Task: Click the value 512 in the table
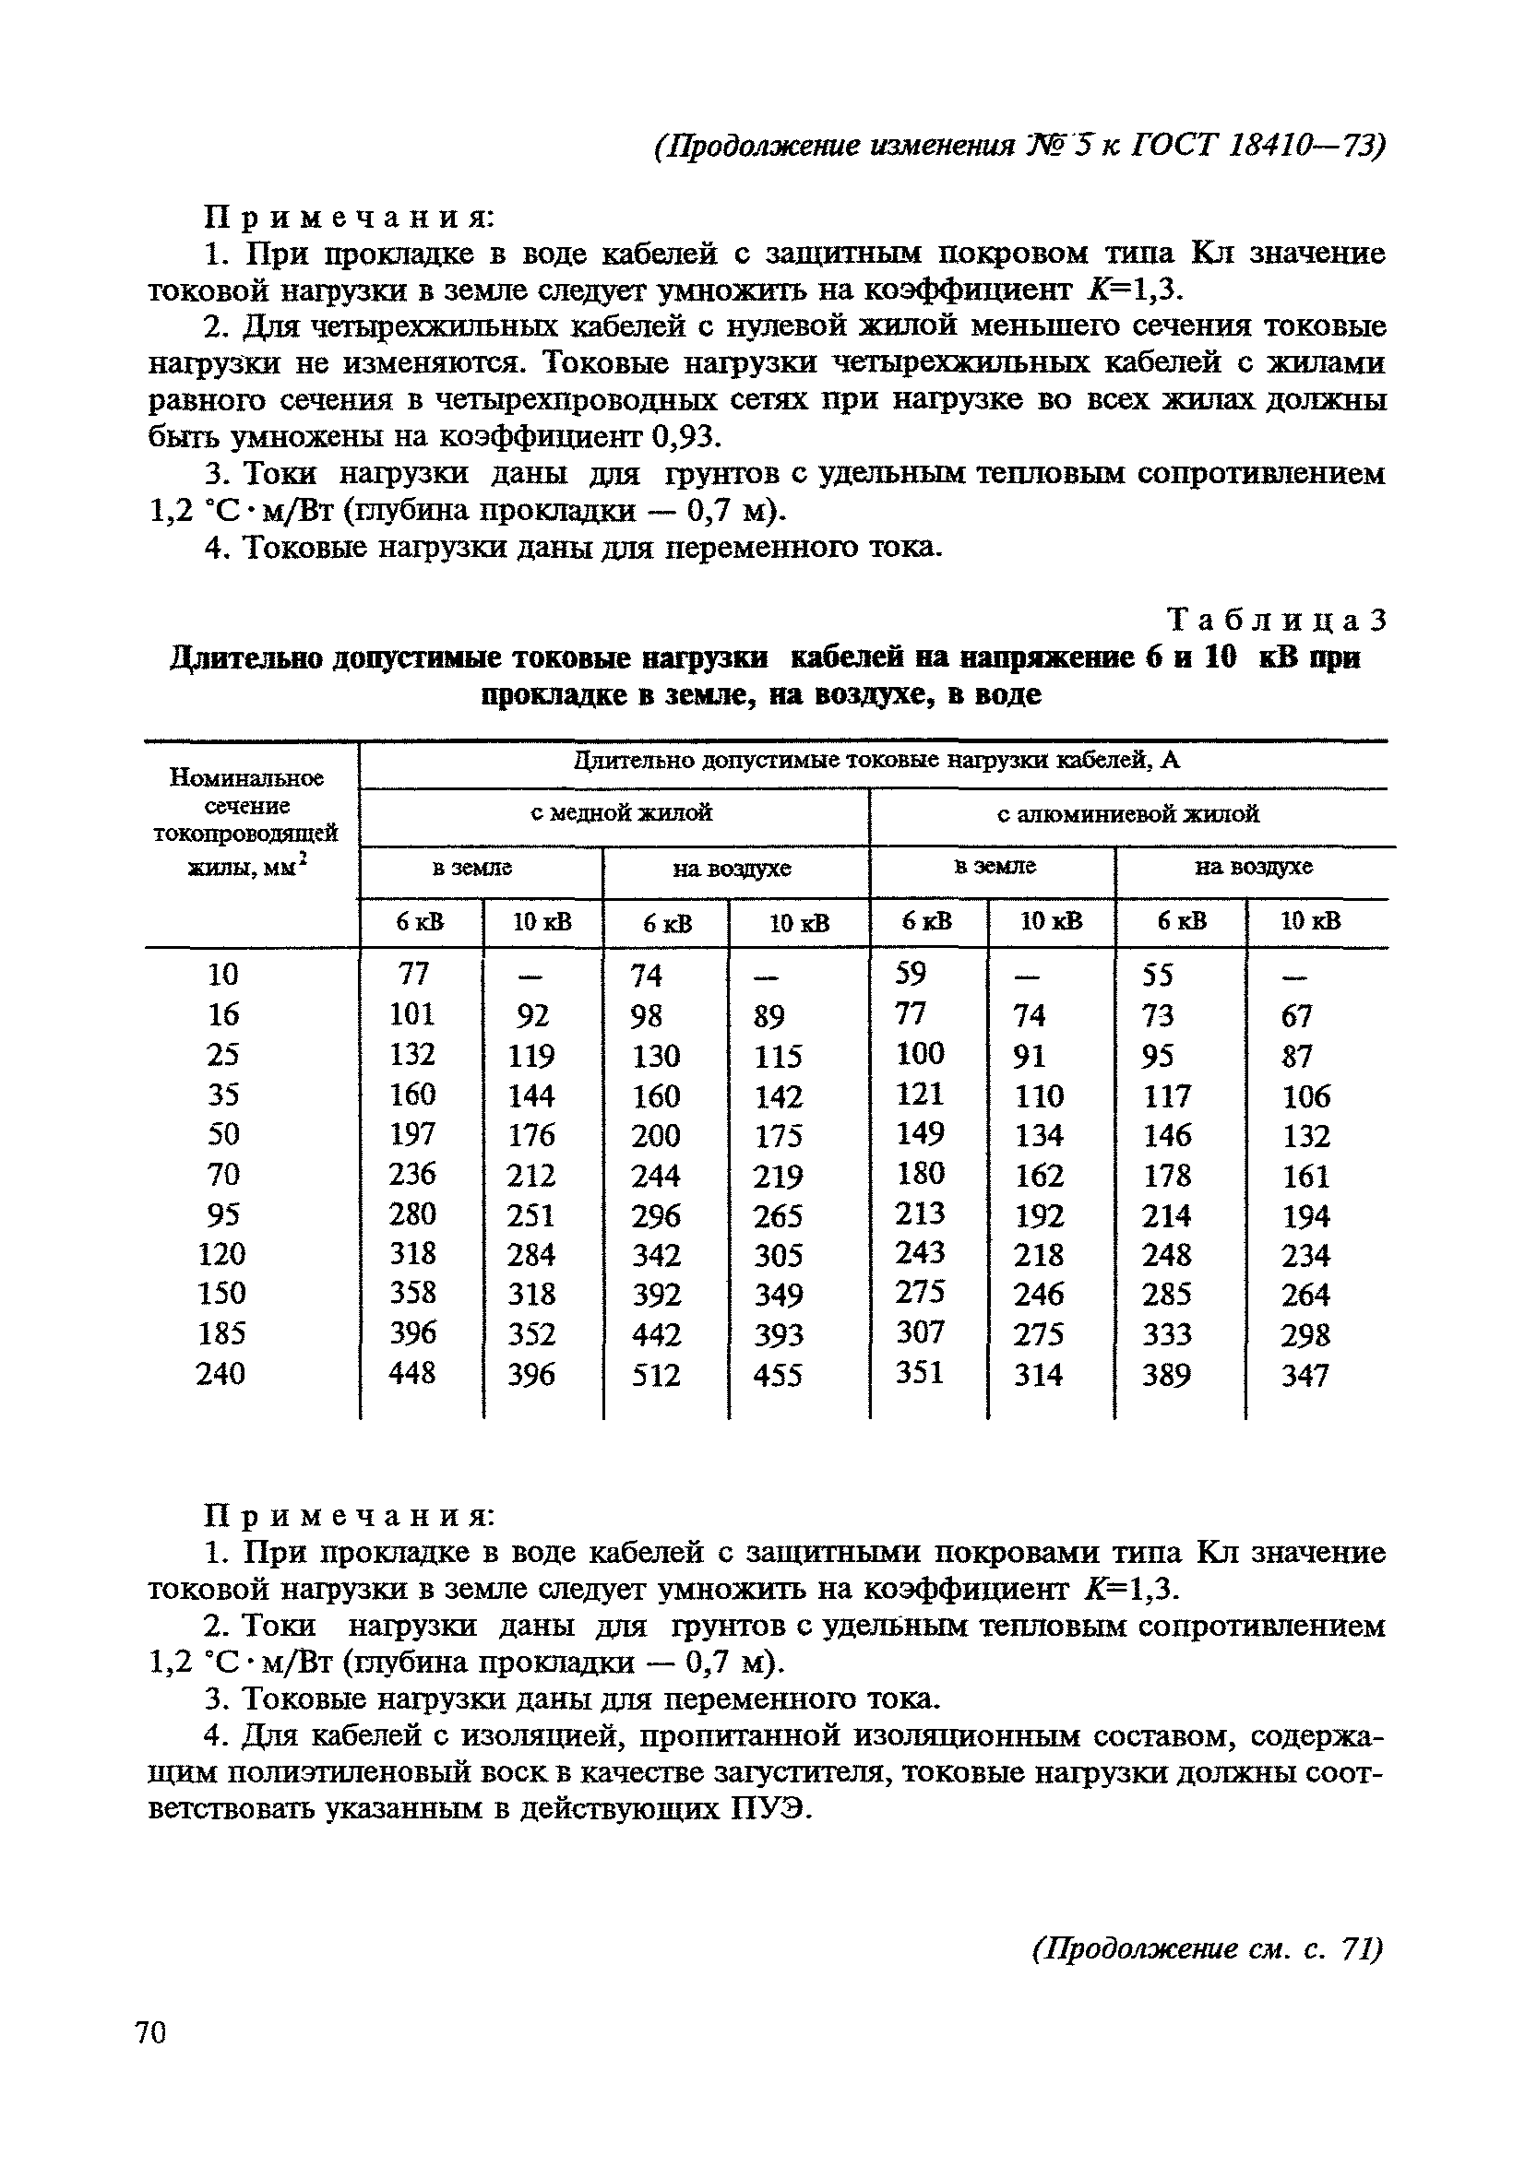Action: coord(656,1376)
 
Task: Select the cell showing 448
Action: coord(411,1373)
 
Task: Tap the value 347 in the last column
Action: coord(1305,1376)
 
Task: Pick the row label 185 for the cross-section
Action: coord(221,1333)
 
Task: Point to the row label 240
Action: coord(220,1374)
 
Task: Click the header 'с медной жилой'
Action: coord(621,813)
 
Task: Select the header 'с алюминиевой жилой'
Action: coord(1127,814)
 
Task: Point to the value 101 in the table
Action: coord(411,1014)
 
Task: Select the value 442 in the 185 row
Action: coord(656,1334)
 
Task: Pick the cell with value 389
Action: coord(1166,1375)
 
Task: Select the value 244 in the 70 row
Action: coord(656,1176)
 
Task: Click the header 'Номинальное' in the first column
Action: coord(246,778)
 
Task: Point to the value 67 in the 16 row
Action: coord(1296,1016)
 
